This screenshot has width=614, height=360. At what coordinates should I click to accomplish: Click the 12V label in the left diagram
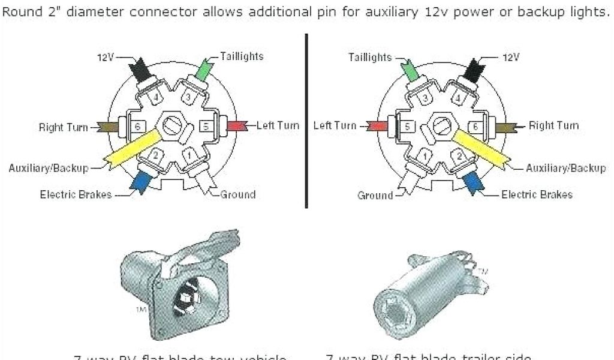105,57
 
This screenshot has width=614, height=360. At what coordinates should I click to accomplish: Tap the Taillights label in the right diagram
370,57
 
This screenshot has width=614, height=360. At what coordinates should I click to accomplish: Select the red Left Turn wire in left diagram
236,125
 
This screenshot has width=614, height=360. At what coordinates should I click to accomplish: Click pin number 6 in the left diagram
137,127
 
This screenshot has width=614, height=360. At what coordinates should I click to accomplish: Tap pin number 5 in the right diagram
406,127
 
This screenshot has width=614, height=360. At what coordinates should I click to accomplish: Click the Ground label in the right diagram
375,195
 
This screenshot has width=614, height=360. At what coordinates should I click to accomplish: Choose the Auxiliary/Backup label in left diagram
49,168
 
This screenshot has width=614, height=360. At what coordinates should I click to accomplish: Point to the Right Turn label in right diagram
554,125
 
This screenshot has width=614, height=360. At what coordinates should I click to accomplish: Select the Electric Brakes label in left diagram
76,194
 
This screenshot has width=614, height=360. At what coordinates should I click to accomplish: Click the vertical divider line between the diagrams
306,120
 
